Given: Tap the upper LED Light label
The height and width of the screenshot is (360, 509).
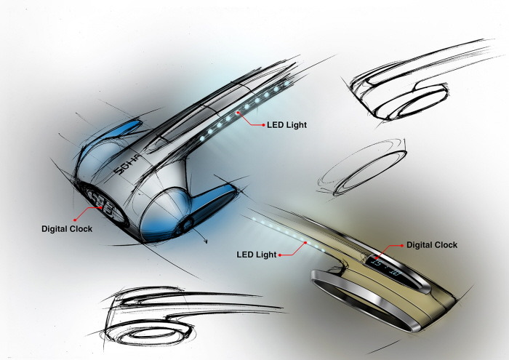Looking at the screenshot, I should pos(286,125).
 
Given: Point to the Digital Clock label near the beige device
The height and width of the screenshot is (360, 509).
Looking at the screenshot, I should pos(432,245).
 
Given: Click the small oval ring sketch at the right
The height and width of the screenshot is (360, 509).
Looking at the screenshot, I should pos(364,165).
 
